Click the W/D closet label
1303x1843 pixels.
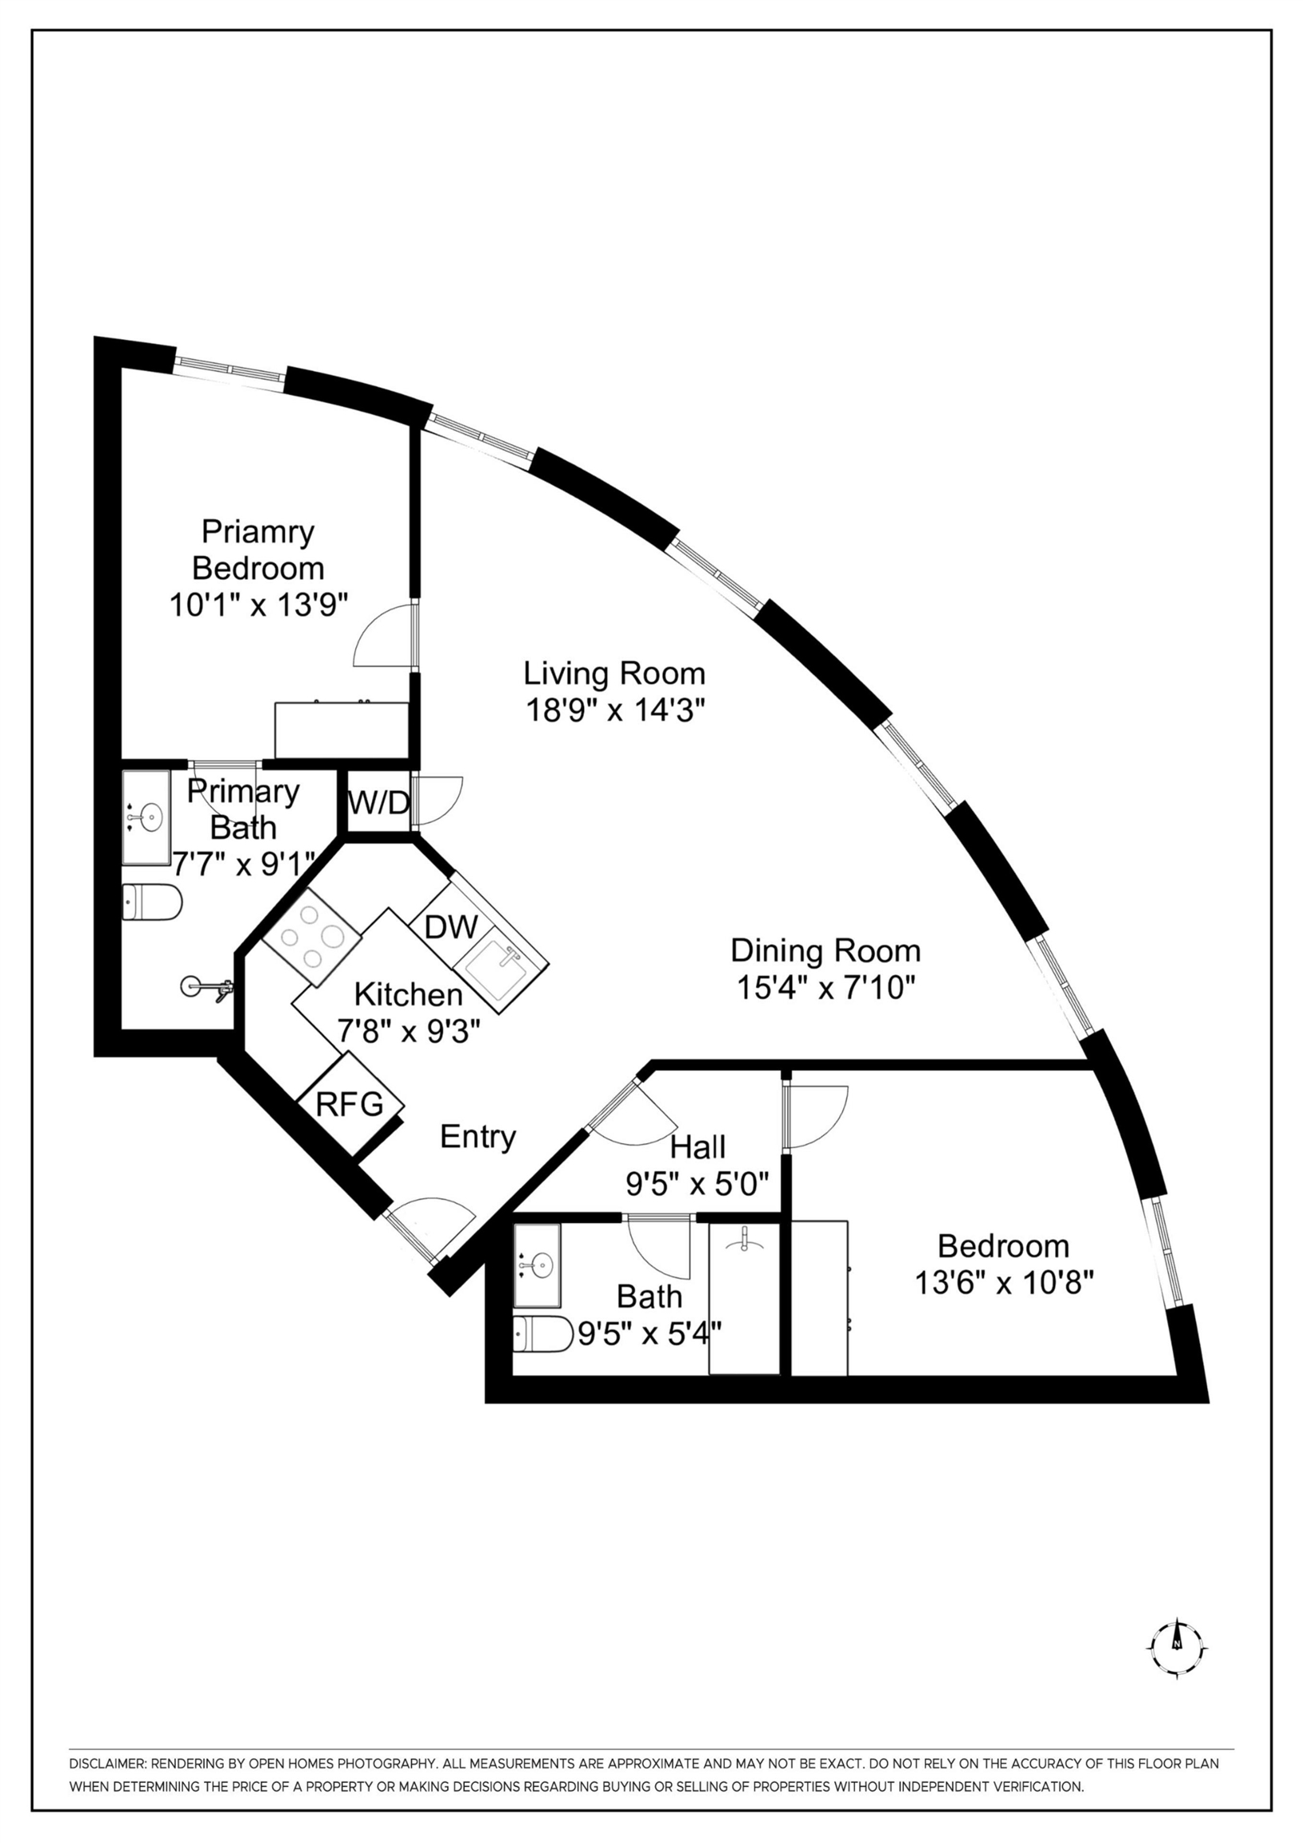[378, 802]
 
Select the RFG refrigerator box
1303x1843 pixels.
[350, 1105]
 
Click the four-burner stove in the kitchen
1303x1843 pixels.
[310, 937]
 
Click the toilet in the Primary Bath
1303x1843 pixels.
[152, 902]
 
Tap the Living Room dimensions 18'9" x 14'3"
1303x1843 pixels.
[615, 710]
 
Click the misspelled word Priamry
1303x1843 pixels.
[258, 531]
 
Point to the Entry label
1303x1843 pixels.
[478, 1137]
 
